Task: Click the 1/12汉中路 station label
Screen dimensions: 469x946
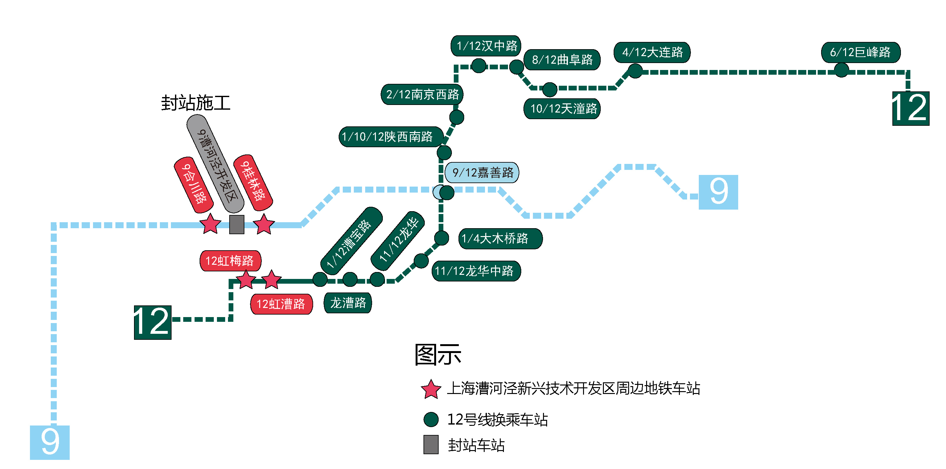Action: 486,46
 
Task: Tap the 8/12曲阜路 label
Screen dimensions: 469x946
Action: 562,60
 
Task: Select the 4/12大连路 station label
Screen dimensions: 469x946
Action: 652,52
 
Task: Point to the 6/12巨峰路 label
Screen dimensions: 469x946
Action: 861,52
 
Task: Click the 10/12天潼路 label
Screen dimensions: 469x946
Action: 562,109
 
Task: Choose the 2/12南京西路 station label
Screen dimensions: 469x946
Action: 422,94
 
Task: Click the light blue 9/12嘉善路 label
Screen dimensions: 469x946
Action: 482,172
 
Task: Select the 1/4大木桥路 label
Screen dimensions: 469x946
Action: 500,239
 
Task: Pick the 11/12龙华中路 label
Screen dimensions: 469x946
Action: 476,271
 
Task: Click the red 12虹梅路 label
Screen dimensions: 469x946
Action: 230,261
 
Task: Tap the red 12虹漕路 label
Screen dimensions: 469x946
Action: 281,304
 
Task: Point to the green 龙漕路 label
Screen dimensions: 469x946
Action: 347,303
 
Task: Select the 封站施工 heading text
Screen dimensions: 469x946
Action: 196,103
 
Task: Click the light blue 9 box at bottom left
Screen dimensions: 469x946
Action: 50,442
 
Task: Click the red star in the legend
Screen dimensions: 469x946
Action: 430,389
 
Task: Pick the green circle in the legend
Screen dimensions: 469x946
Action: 431,420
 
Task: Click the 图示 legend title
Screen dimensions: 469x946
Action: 438,355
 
